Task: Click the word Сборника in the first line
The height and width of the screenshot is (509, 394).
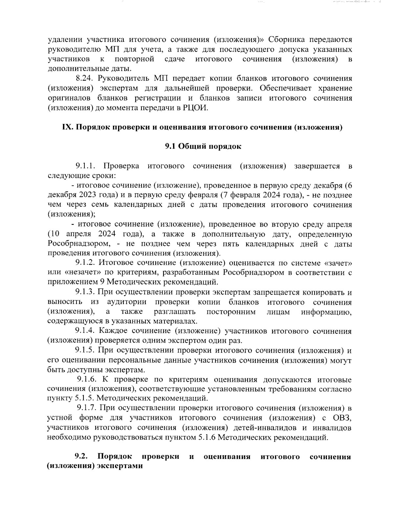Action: pyautogui.click(x=287, y=40)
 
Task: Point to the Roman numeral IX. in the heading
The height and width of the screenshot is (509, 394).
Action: pyautogui.click(x=68, y=127)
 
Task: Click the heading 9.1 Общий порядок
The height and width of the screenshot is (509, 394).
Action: pyautogui.click(x=203, y=146)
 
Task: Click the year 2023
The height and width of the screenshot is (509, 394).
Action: pyautogui.click(x=87, y=195)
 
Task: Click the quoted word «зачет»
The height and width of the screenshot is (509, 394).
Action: pyautogui.click(x=339, y=263)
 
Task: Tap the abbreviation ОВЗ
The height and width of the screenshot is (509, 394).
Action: pyautogui.click(x=342, y=418)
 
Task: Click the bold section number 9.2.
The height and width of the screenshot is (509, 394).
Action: pyautogui.click(x=81, y=457)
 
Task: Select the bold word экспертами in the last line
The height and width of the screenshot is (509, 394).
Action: pyautogui.click(x=120, y=466)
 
